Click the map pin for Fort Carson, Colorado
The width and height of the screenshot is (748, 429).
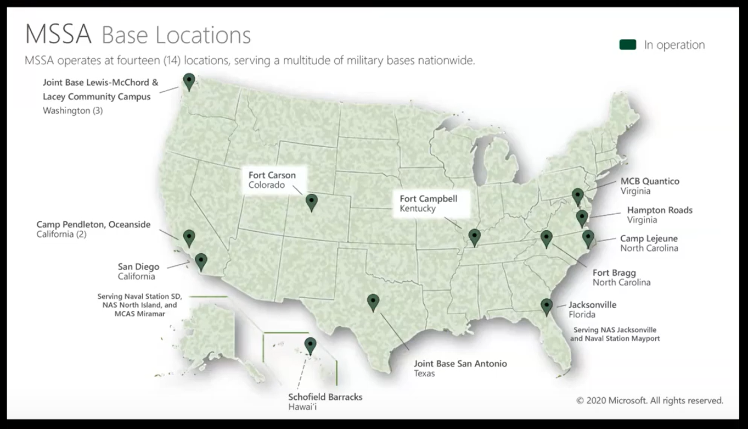[312, 202]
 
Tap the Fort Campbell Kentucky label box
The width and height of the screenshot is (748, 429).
[429, 203]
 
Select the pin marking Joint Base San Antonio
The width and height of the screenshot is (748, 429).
[373, 302]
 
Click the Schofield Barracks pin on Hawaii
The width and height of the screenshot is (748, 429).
[311, 346]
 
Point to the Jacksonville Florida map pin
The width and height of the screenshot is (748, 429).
[546, 306]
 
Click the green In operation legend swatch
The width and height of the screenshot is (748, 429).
[628, 45]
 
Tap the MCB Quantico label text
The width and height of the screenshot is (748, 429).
[650, 181]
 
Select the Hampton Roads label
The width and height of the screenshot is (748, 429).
[660, 210]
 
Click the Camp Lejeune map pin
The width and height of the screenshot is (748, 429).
[588, 238]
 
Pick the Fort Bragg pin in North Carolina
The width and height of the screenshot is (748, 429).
[546, 238]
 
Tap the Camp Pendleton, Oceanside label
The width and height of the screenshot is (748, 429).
[93, 225]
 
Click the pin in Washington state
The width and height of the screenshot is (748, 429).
[189, 81]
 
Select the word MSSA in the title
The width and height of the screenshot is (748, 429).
[59, 35]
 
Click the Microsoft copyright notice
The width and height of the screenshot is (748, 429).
[650, 400]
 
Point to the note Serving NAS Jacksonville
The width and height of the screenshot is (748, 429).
[615, 330]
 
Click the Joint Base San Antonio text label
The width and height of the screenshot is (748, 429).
[460, 364]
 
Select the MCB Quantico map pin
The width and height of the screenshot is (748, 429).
[577, 196]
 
